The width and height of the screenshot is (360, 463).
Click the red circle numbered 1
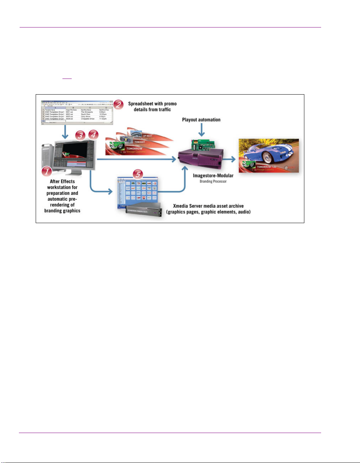tap(47, 172)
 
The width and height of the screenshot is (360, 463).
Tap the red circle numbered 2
tap(118, 105)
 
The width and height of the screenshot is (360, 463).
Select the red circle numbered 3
tap(80, 135)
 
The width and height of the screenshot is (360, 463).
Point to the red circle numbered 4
tap(93, 135)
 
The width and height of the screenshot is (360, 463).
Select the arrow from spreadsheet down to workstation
tap(65, 133)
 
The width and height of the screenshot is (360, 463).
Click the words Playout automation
tap(201, 120)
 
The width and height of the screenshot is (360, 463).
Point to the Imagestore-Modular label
tap(213, 176)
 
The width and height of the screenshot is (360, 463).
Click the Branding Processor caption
tap(213, 181)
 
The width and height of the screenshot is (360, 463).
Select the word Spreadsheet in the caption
tap(141, 104)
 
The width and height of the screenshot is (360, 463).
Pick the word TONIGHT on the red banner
tap(140, 142)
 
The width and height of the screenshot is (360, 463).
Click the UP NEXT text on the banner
tap(147, 136)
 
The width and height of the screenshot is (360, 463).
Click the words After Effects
tap(62, 181)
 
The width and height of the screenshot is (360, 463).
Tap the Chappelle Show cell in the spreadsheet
tap(87, 119)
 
